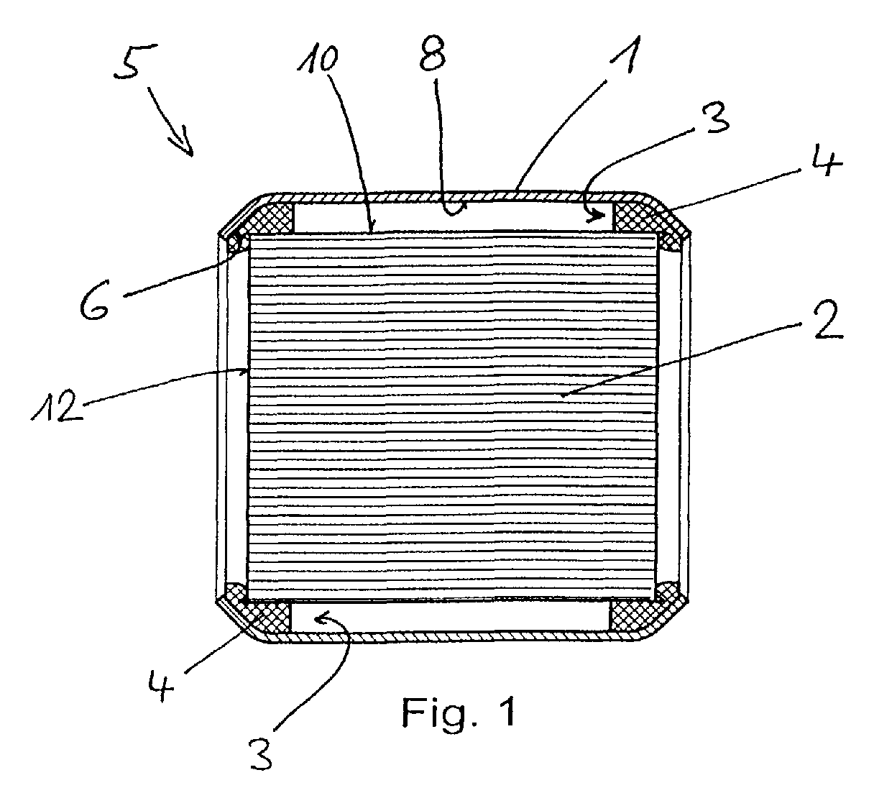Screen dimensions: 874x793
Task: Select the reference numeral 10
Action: coord(318,59)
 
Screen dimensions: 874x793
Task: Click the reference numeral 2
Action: coord(825,318)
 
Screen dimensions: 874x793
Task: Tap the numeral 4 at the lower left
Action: coord(160,685)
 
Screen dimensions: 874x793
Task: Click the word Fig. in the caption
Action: coord(440,712)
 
